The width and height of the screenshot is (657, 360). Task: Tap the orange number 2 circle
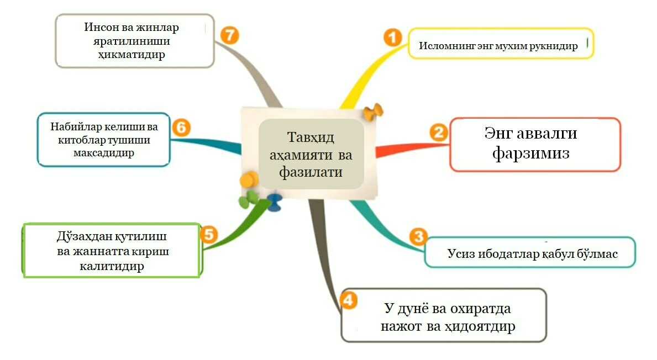point(439,133)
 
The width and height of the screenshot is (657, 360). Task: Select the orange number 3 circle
point(418,237)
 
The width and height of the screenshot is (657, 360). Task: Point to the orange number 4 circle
point(348,301)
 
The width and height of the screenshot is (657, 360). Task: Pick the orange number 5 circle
point(208,234)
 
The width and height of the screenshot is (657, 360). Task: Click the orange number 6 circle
point(181,128)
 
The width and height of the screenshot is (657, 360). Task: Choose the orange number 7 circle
point(229,35)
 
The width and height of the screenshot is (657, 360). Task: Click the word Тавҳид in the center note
point(311,137)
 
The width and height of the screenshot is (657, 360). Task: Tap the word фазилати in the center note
point(311,172)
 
